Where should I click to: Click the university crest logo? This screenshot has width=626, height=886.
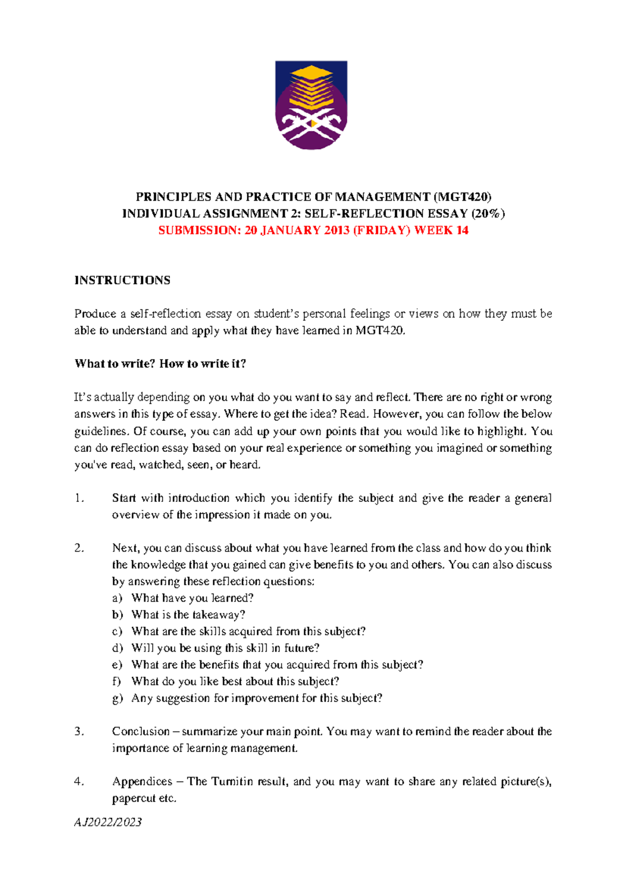pyautogui.click(x=311, y=105)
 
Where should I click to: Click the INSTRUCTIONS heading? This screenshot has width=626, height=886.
pyautogui.click(x=122, y=280)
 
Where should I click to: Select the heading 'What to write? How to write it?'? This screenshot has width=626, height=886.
pyautogui.click(x=160, y=364)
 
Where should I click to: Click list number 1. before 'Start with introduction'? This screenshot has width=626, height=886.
pyautogui.click(x=79, y=498)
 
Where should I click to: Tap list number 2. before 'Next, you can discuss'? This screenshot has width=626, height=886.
pyautogui.click(x=79, y=548)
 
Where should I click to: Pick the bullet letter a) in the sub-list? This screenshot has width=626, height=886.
pyautogui.click(x=117, y=598)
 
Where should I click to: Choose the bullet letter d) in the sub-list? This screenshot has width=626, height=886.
pyautogui.click(x=117, y=648)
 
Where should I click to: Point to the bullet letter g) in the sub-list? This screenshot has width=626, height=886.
pyautogui.click(x=117, y=698)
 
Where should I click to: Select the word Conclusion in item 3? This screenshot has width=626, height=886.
pyautogui.click(x=141, y=732)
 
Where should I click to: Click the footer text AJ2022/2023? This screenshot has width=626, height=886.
pyautogui.click(x=108, y=822)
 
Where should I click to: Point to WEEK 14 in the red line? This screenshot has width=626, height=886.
pyautogui.click(x=441, y=231)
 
